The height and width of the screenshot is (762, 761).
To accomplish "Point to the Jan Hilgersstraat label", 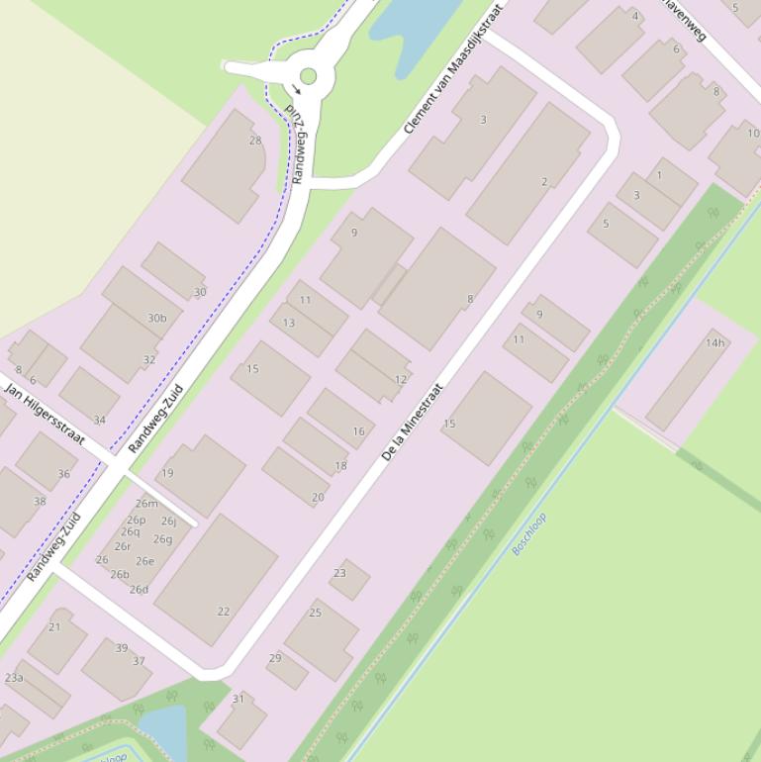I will pyautogui.click(x=46, y=410).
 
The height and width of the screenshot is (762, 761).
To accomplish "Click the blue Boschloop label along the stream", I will pyautogui.click(x=528, y=533).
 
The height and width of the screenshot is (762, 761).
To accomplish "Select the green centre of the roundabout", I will pyautogui.click(x=308, y=76).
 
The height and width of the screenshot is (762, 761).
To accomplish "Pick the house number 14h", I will pyautogui.click(x=714, y=343).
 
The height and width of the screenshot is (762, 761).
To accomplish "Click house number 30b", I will pyautogui.click(x=156, y=318).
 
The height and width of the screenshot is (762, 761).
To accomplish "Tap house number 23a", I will pyautogui.click(x=14, y=678).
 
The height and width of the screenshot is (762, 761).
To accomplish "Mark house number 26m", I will pyautogui.click(x=146, y=504).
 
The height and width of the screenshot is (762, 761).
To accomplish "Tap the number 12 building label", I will pyautogui.click(x=400, y=379).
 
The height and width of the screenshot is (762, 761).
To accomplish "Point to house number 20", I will pyautogui.click(x=318, y=498).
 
